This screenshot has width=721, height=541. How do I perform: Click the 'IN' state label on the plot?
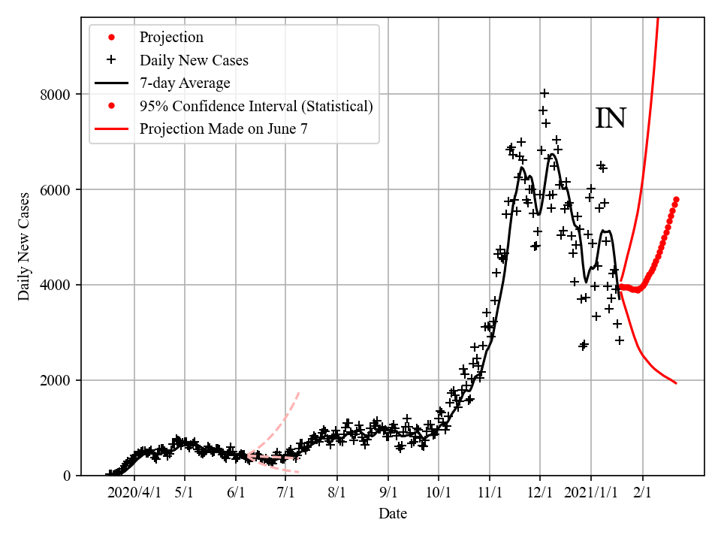point(611,119)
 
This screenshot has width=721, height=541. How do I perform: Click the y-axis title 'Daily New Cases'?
point(24,247)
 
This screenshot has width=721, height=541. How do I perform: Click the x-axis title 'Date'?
point(393,514)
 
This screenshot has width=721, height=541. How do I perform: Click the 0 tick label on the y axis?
point(68,476)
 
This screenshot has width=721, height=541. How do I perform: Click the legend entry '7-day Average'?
point(185,83)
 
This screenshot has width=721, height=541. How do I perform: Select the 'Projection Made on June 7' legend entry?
point(223,129)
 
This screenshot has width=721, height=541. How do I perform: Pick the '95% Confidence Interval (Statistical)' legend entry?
point(256,106)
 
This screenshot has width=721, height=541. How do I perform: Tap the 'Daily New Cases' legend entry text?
point(194,60)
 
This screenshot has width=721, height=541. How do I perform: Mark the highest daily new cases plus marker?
point(545,93)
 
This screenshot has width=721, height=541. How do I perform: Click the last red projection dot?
point(676,200)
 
